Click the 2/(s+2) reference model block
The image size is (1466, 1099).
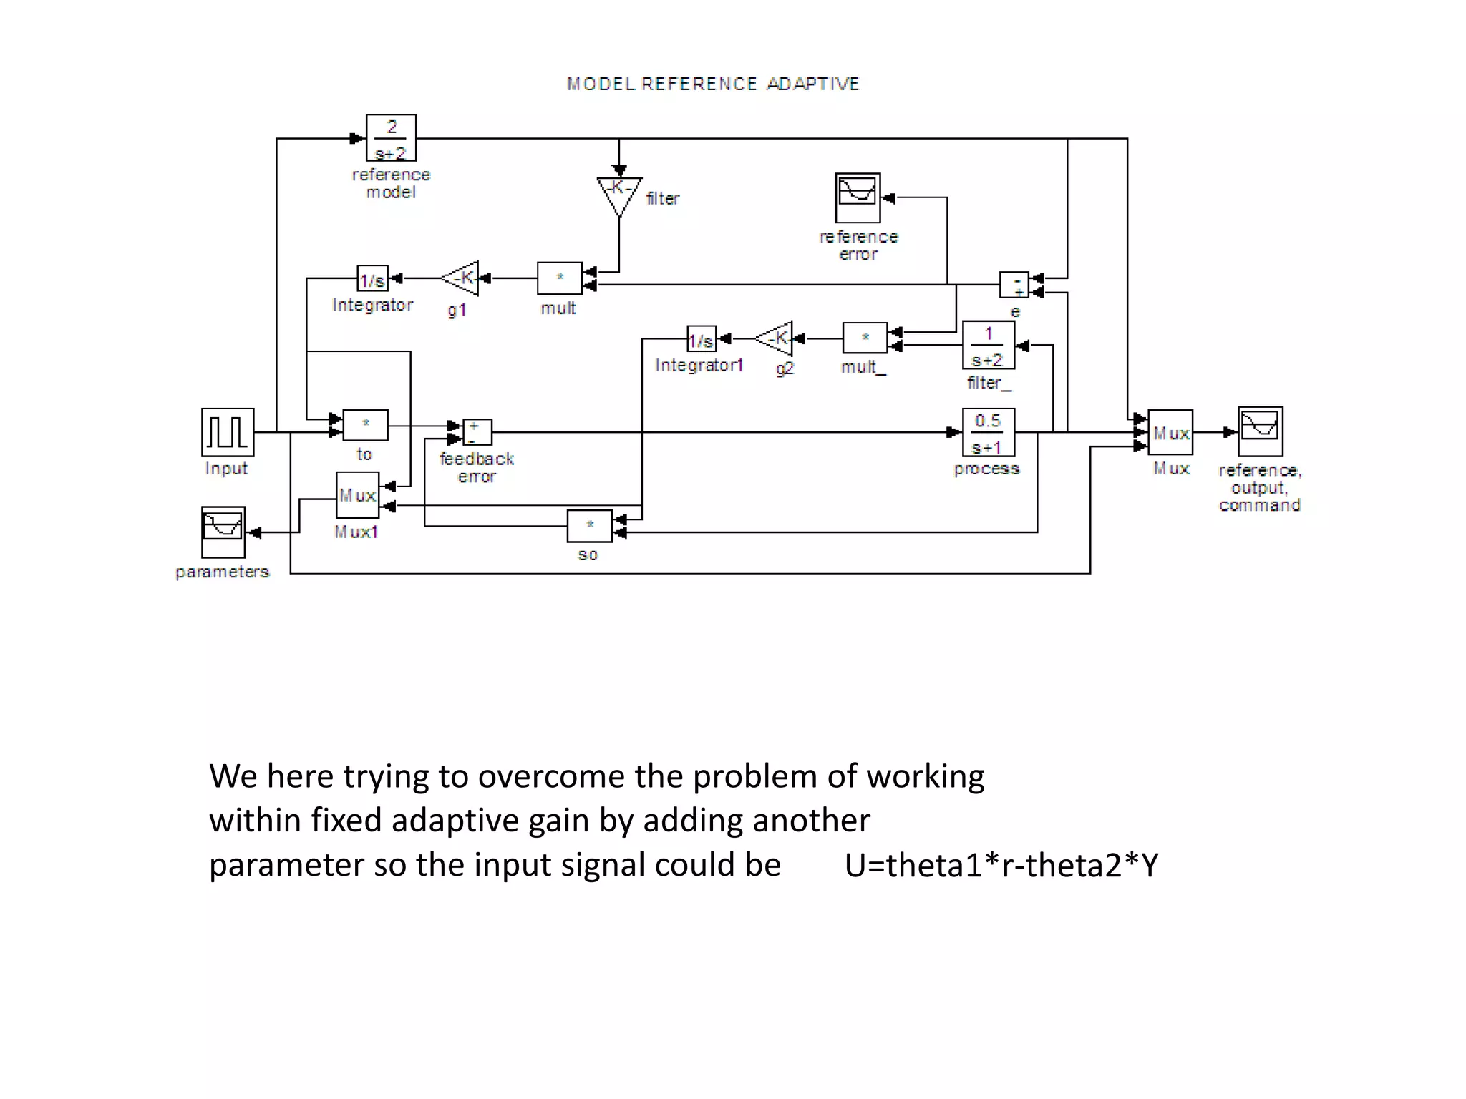click(x=391, y=138)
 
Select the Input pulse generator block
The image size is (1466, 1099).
click(x=228, y=432)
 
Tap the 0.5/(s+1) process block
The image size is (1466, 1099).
click(x=988, y=433)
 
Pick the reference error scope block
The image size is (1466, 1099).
click(x=858, y=198)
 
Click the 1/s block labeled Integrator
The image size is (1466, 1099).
click(x=372, y=279)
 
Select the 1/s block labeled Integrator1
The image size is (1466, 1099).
click(x=702, y=339)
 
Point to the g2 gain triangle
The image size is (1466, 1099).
click(x=776, y=338)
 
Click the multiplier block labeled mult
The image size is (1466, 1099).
click(x=560, y=278)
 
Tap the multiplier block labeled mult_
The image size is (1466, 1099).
click(x=865, y=338)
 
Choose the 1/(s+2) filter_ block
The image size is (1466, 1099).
click(x=988, y=346)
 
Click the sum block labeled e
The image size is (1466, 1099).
click(x=1014, y=285)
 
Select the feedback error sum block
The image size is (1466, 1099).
click(x=477, y=432)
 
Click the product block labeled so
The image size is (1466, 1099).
click(x=589, y=526)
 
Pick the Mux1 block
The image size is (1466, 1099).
click(x=356, y=495)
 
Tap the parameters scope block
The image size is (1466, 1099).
click(x=223, y=532)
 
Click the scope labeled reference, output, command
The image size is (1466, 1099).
click(x=1260, y=432)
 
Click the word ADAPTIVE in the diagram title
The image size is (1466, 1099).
click(x=812, y=84)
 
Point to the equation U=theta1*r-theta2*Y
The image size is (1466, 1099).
click(x=1001, y=866)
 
